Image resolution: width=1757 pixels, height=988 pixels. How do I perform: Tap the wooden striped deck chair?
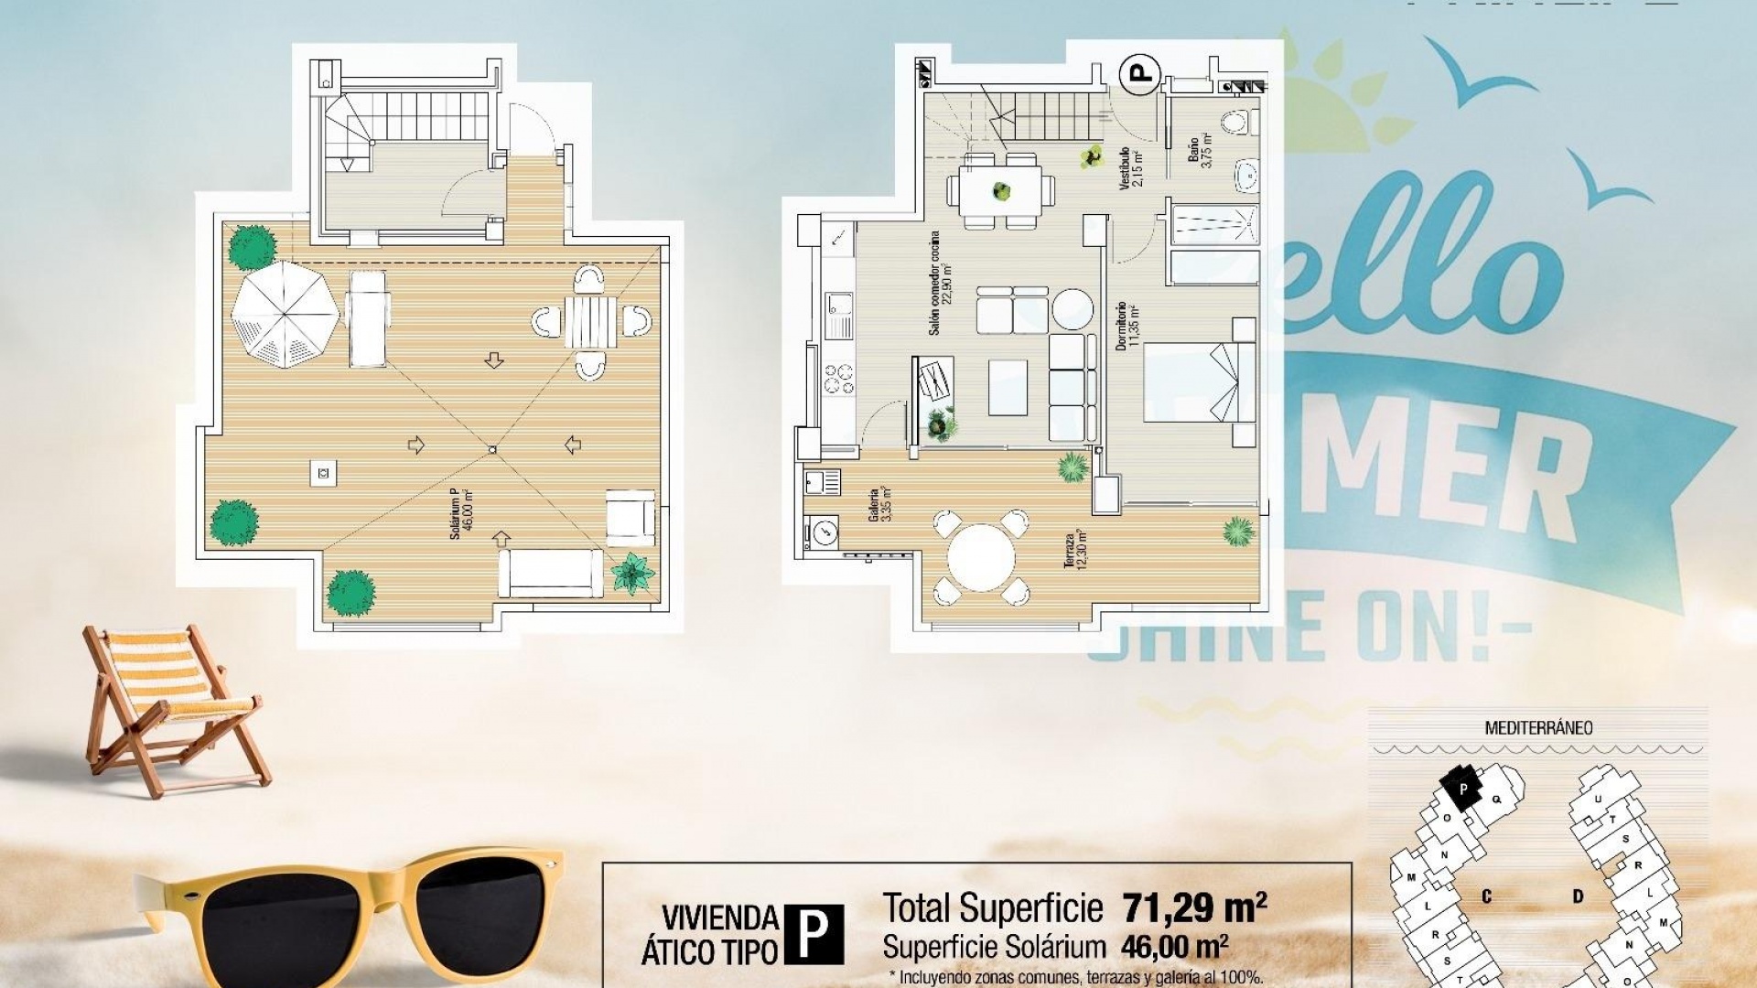point(169,704)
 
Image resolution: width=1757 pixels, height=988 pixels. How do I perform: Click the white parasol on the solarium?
point(285,314)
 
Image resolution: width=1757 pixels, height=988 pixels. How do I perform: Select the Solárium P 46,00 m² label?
point(461,513)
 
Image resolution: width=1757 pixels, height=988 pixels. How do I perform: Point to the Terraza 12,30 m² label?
point(1075,549)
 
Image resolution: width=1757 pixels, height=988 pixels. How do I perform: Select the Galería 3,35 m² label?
point(879,504)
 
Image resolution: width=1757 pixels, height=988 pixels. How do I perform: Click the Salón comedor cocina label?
point(940,283)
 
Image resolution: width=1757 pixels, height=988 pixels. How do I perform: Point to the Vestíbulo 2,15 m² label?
point(1130,167)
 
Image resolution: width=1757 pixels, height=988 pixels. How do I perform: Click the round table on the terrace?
point(981,558)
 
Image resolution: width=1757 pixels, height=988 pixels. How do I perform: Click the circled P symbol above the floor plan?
point(1141,73)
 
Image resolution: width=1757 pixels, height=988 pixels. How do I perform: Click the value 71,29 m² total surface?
point(1194,908)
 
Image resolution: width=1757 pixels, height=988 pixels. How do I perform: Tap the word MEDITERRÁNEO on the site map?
point(1538,728)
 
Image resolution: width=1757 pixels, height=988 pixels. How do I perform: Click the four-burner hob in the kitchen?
point(838,379)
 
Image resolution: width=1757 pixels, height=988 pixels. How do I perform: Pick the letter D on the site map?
point(1577,896)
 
